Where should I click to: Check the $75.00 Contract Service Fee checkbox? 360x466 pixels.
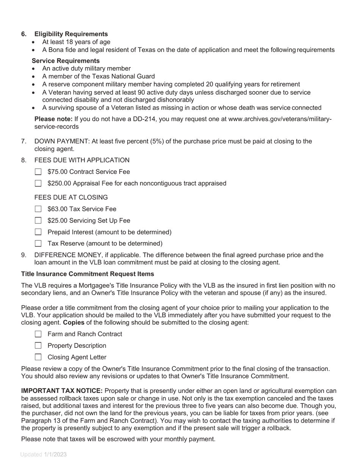[38, 172]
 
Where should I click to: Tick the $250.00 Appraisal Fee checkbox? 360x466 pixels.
[38, 183]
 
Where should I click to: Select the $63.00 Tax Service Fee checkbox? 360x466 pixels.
[38, 209]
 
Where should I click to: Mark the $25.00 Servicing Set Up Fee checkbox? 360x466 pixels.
[38, 220]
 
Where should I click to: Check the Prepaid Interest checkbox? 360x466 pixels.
[38, 232]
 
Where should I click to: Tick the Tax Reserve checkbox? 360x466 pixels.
[38, 244]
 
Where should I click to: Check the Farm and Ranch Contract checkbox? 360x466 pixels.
[38, 334]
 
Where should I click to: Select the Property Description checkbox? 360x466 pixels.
[38, 346]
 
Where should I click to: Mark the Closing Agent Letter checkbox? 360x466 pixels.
[38, 357]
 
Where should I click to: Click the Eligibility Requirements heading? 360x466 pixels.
[71, 34]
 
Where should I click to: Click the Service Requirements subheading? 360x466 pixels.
[66, 61]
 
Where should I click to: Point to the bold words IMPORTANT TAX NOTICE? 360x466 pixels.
[62, 391]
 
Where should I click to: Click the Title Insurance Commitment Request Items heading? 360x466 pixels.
[88, 274]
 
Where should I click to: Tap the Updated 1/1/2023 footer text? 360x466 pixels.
[43, 455]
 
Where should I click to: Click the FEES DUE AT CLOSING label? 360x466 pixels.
[71, 198]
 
